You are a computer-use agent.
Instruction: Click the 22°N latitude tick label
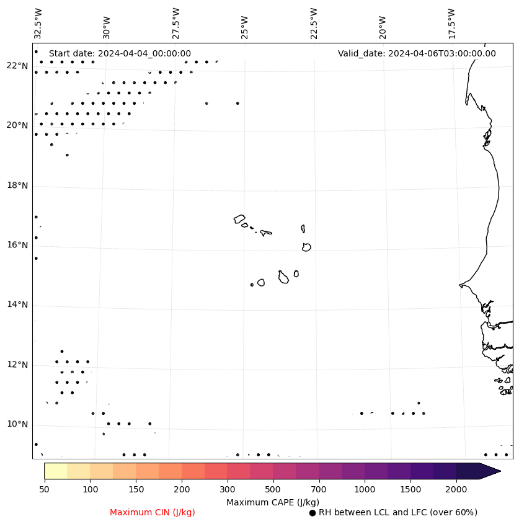coord(17,66)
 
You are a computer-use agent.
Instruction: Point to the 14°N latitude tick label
coord(17,304)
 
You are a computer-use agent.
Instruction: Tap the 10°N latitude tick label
coord(17,424)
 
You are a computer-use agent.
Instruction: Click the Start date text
coord(120,53)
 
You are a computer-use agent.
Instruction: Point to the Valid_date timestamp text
coord(417,53)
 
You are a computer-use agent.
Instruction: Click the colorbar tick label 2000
coord(456,490)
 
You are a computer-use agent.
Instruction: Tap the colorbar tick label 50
coord(44,490)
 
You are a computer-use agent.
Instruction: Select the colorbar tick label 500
coord(273,490)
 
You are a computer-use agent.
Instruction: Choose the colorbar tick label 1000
coord(365,490)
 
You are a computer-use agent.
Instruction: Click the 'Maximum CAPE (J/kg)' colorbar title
coord(273,502)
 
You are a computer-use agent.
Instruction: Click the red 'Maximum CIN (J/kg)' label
coord(153,512)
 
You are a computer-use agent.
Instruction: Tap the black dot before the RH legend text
coord(313,513)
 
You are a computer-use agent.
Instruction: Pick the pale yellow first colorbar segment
coord(55,471)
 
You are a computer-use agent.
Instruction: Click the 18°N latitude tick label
coord(17,185)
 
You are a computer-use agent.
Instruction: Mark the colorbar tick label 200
coord(182,490)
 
